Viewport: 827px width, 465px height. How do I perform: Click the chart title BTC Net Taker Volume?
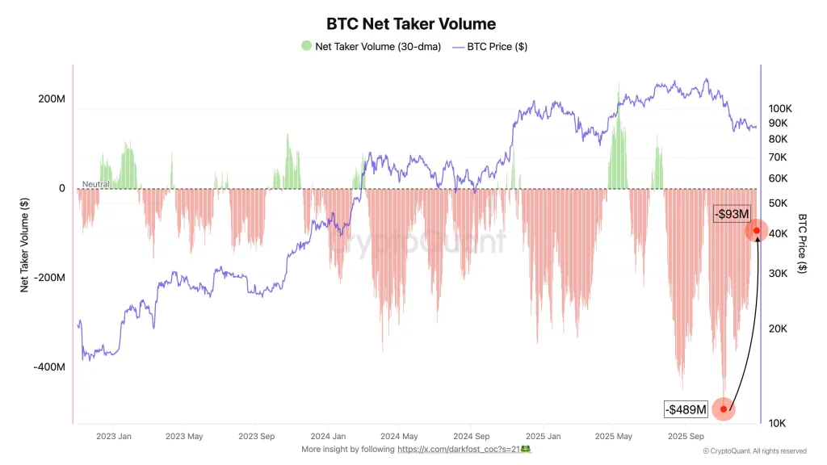(411, 24)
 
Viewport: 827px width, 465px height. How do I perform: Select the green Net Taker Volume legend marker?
(306, 46)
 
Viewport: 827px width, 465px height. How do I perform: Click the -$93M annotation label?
(733, 214)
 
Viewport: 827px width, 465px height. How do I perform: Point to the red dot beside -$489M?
(724, 409)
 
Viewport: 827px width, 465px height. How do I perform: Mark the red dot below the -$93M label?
(757, 231)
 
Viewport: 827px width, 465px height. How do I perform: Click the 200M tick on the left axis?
(51, 99)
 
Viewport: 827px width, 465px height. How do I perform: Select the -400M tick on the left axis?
(49, 367)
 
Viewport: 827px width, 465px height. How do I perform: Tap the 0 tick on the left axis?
(61, 188)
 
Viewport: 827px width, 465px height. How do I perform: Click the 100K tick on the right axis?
(779, 108)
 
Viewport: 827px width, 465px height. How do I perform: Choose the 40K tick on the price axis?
(778, 233)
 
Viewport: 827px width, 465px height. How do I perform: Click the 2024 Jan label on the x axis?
(328, 437)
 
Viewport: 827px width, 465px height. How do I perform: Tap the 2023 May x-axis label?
(184, 437)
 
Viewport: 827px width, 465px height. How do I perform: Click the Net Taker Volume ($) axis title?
(25, 245)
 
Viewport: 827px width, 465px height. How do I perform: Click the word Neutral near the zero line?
(95, 184)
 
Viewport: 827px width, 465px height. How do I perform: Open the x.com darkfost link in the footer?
(459, 449)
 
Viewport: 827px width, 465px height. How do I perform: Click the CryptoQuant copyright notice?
(754, 451)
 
